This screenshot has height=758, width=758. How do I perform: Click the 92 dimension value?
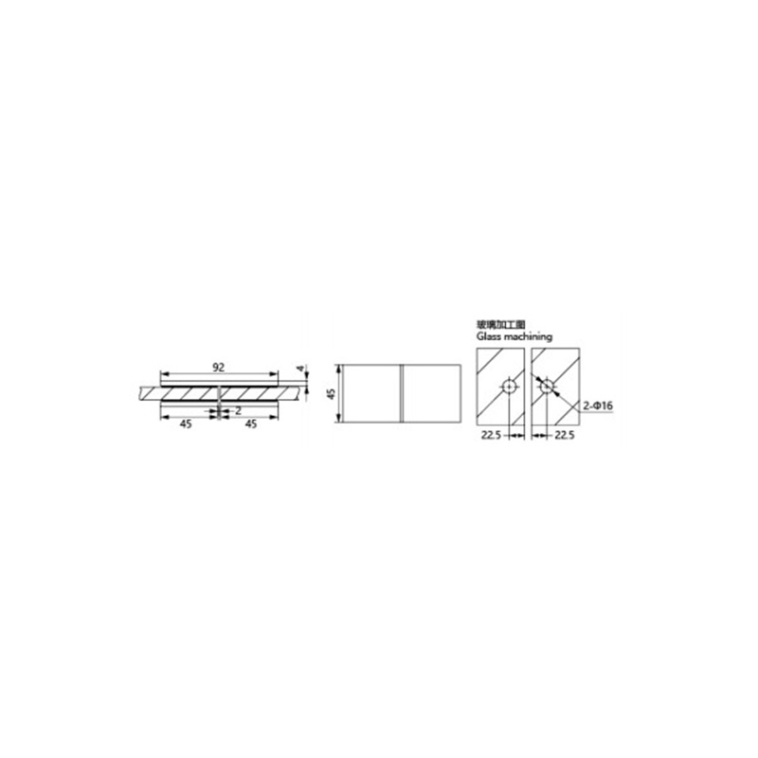pos(218,365)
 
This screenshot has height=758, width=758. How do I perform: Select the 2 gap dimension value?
pos(236,410)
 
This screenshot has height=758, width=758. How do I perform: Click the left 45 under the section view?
pos(186,425)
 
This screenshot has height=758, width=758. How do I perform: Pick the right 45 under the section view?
pos(251,425)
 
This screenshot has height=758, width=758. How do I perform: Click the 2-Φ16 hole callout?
pos(598,406)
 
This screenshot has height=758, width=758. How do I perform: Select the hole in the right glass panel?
pos(546,386)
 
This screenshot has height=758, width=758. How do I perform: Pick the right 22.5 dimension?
pos(567,436)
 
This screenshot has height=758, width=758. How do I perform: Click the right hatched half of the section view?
pos(251,391)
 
